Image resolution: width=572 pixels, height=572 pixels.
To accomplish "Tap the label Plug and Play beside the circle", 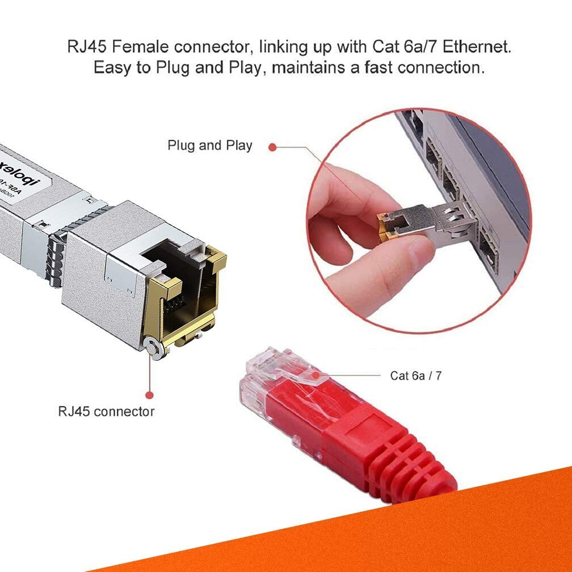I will point(209,146).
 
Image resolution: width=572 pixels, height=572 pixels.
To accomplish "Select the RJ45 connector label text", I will point(106,411).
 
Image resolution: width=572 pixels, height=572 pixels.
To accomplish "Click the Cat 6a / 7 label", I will point(415,376).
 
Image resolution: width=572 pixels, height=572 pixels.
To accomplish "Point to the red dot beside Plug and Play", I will point(272,147).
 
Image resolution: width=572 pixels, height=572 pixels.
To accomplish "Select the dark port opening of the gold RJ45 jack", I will point(176,295).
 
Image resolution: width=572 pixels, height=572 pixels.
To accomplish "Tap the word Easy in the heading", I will point(115,68).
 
